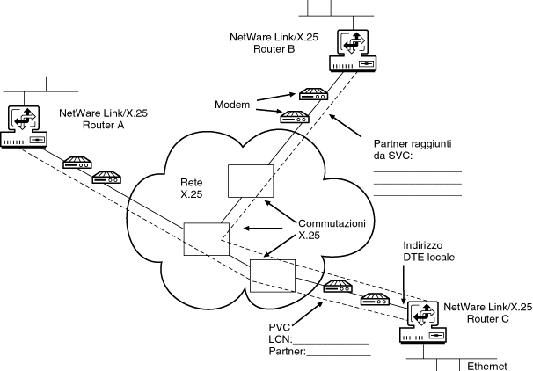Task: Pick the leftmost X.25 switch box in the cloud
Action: point(201,238)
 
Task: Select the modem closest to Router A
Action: point(77,163)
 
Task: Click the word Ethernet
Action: point(487,365)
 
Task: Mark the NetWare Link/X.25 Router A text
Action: point(104,120)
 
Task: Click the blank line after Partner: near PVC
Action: point(338,353)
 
